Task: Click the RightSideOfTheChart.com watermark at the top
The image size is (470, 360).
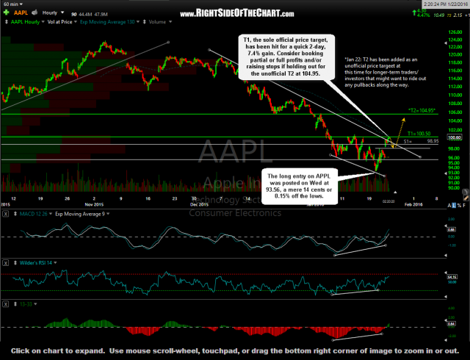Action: click(235, 14)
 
